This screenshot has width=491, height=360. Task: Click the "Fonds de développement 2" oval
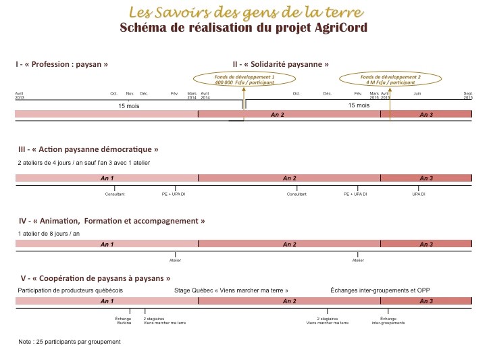390,79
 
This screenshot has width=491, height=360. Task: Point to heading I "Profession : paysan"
62,64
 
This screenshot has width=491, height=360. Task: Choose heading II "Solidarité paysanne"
280,64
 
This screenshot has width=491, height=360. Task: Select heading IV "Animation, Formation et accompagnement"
111,221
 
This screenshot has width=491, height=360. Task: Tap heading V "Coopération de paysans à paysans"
93,278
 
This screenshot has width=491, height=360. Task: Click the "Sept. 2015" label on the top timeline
467,95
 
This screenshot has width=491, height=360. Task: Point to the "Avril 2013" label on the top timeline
20,95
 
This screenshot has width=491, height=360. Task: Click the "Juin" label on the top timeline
417,93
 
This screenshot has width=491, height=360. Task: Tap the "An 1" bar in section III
107,178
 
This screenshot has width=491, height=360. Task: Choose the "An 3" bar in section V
426,301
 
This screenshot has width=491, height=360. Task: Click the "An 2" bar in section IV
289,245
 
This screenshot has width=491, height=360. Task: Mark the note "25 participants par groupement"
69,342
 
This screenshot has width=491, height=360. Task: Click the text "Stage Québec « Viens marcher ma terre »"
231,290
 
